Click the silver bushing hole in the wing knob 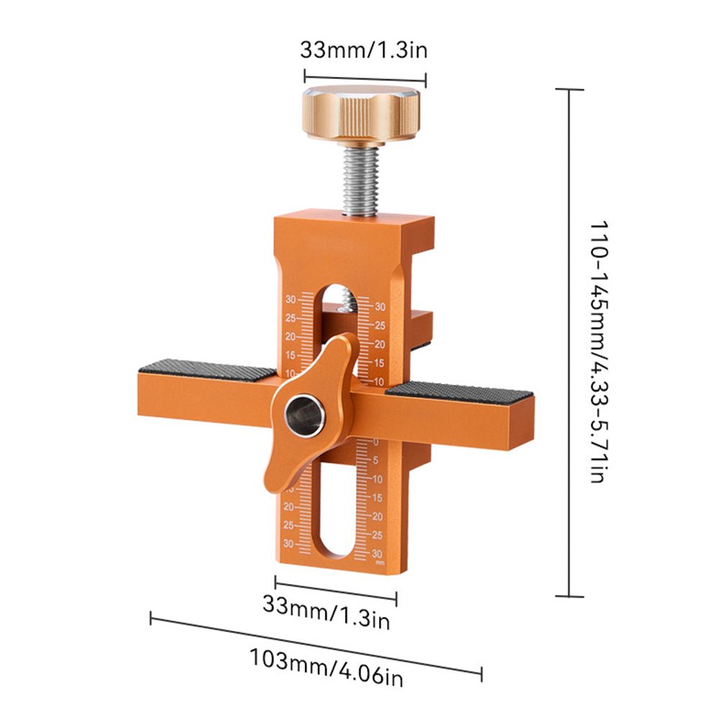pyautogui.click(x=304, y=416)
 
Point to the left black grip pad pyautogui.click(x=207, y=370)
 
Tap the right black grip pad pyautogui.click(x=460, y=392)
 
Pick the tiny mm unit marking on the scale pyautogui.click(x=380, y=562)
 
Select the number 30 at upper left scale pyautogui.click(x=291, y=299)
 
